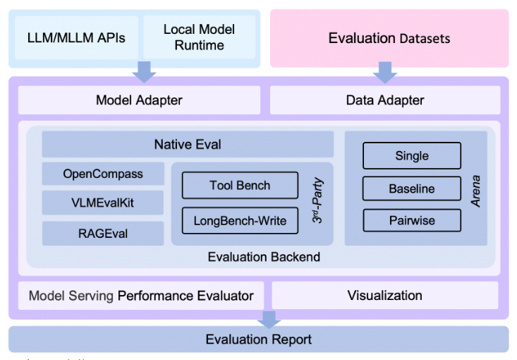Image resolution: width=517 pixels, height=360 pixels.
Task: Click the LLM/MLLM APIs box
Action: pos(76,37)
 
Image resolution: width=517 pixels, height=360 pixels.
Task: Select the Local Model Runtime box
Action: pos(199,37)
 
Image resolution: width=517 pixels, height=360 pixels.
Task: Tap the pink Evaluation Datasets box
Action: pos(389,38)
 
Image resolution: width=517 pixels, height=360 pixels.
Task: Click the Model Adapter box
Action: pos(139,100)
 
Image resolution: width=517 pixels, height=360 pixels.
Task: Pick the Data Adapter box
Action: pos(385,100)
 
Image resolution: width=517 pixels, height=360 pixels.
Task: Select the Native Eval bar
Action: pos(188,144)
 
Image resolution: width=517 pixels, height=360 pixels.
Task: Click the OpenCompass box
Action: pos(103,174)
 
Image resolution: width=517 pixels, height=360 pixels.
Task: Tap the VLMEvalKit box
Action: pos(103,203)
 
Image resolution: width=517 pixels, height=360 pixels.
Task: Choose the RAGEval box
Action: pos(103,234)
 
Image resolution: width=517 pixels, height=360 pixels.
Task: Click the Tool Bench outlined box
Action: pos(240,186)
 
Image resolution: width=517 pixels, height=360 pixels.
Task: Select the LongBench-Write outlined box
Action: pos(240,221)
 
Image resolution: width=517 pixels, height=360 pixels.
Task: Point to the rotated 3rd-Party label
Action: pos(317,200)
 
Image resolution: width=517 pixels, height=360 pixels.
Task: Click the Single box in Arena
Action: pos(412,156)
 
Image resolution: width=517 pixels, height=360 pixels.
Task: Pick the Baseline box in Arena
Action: pos(412,188)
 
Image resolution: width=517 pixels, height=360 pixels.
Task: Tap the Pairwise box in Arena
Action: pos(412,220)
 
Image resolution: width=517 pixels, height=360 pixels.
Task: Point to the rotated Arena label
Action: pos(475,191)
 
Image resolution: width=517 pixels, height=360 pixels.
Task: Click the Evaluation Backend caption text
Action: pos(264,257)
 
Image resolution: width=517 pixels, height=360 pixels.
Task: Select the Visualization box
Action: pos(385,295)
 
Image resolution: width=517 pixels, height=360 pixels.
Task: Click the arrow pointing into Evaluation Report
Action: pos(269,320)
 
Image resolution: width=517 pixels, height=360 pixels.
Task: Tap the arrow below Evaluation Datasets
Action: pos(385,73)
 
